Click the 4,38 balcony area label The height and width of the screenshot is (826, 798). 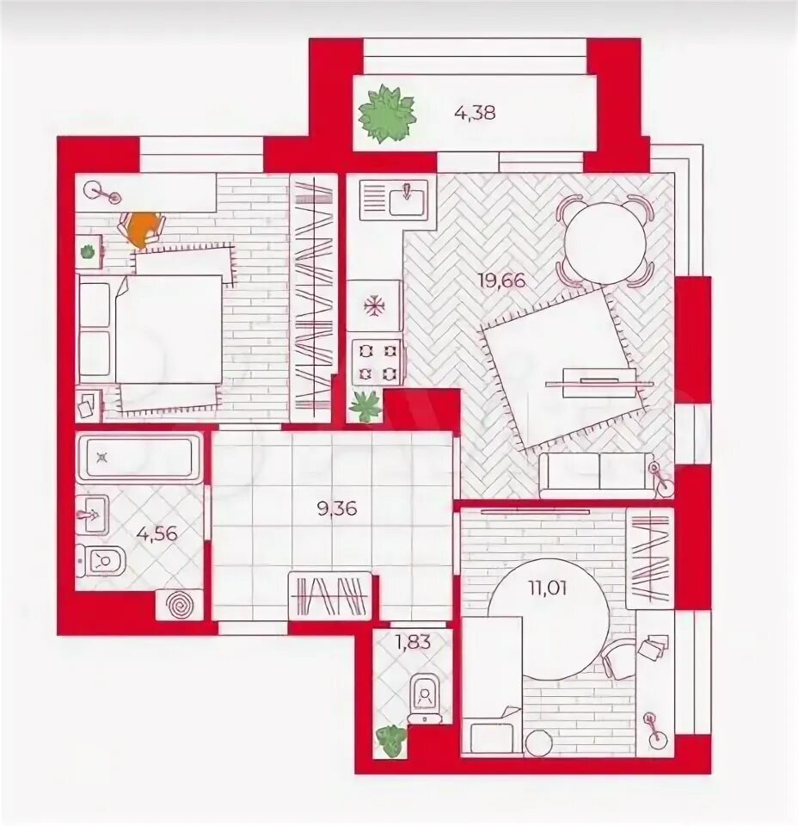click(x=475, y=113)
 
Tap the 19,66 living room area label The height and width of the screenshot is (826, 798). click(x=501, y=280)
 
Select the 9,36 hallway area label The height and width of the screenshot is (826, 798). click(x=337, y=509)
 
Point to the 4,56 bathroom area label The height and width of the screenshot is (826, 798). click(x=157, y=533)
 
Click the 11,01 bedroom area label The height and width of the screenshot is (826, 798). click(x=548, y=587)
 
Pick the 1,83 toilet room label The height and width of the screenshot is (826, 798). click(x=414, y=642)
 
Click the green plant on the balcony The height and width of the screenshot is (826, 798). click(x=386, y=114)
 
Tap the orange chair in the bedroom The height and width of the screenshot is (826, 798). click(x=143, y=229)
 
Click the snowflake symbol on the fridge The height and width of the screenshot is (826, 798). click(x=373, y=306)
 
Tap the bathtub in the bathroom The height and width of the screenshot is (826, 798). click(x=139, y=457)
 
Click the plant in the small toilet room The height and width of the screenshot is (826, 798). click(x=391, y=740)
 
